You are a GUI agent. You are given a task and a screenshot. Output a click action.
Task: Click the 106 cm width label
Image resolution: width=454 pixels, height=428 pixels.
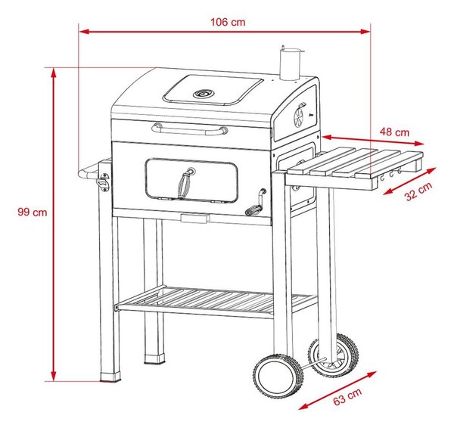(228, 22)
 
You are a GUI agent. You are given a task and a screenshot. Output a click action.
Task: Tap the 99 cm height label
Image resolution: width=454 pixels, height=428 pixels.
(33, 212)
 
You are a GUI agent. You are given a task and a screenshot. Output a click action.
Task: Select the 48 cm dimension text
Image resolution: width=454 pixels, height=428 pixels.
(394, 132)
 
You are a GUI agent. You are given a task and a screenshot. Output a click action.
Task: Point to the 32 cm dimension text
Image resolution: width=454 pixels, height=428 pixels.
(418, 191)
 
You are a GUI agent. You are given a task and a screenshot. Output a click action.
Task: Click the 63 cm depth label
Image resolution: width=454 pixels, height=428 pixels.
(347, 396)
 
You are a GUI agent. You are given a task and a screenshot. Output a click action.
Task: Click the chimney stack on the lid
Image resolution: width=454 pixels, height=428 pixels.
(290, 64)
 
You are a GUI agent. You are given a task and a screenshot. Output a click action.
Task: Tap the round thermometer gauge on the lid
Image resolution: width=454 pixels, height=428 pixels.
(204, 94)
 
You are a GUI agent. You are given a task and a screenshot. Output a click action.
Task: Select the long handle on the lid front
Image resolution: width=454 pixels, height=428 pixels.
(190, 129)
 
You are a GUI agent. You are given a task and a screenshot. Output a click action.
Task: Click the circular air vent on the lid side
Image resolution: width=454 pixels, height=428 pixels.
(298, 118)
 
